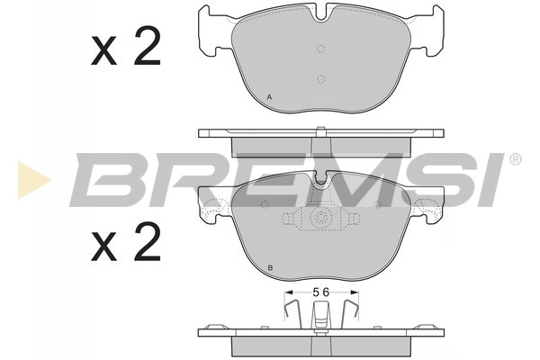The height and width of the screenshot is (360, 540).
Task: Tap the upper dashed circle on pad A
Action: point(320,50)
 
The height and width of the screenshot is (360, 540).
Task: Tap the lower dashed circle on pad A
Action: point(320,79)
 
